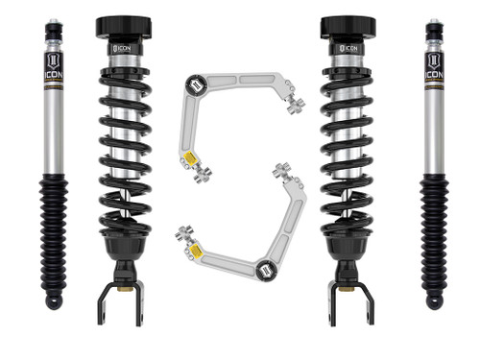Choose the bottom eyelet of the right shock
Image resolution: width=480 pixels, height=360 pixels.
point(434,301)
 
